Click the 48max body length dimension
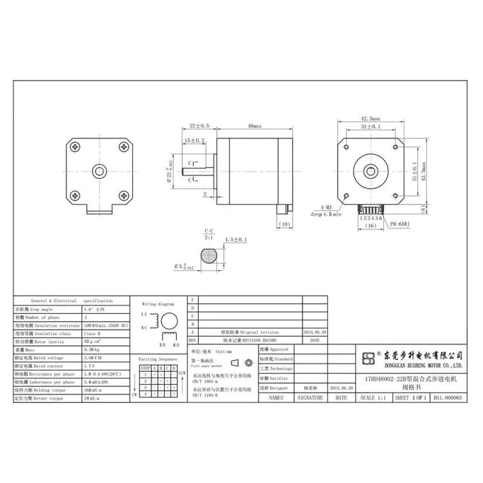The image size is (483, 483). pos(254,126)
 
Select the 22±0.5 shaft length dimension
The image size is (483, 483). pos(199,126)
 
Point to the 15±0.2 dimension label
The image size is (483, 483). pos(194,140)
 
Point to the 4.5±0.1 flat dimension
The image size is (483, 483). pos(236,240)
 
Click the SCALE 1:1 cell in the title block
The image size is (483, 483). pos(374,398)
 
